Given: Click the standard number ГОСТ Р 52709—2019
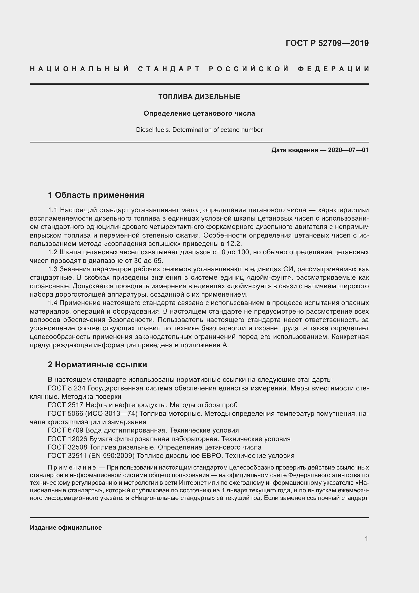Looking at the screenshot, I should click(x=327, y=43).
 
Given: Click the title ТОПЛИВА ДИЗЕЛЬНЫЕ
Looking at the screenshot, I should click(x=199, y=97).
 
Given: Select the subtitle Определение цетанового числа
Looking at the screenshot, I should click(x=199, y=113).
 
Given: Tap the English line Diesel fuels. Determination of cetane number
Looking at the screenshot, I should click(x=199, y=130).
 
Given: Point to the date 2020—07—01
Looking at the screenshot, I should click(x=348, y=150).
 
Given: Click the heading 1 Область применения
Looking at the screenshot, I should click(x=96, y=195).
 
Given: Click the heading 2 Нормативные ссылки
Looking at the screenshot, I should click(x=97, y=364).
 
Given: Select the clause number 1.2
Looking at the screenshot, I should click(x=53, y=252).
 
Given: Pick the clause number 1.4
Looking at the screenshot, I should click(x=53, y=303).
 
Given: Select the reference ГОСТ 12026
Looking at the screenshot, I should click(x=68, y=439).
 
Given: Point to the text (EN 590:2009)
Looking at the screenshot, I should click(x=111, y=456).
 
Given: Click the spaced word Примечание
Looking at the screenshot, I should click(x=72, y=468).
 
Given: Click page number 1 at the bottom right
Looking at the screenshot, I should click(x=366, y=538).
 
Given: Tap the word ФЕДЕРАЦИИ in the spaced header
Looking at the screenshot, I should click(x=334, y=69).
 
